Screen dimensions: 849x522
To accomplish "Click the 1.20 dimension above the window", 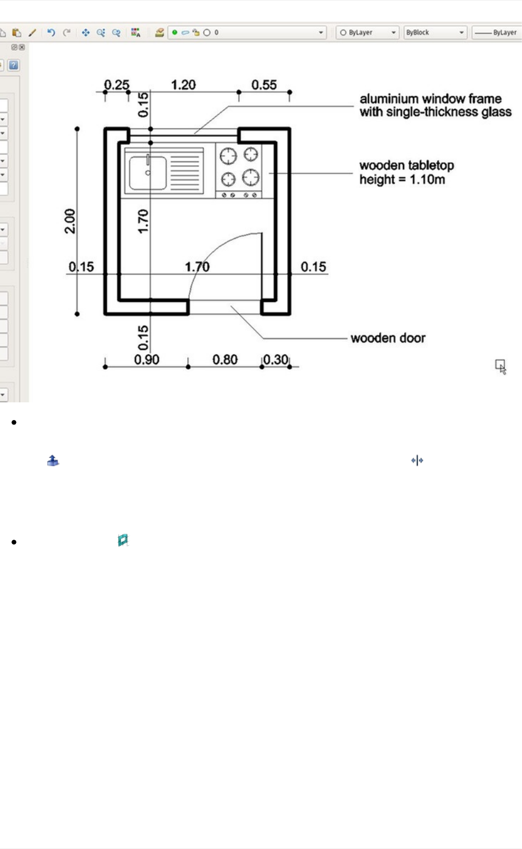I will pos(183,85).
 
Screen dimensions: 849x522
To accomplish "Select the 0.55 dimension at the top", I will pos(264,85).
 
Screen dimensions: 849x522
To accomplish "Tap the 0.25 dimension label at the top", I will pos(116,85).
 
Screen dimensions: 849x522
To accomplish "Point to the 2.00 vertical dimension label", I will pos(70,221).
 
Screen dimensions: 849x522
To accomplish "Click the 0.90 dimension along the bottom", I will pos(147,360).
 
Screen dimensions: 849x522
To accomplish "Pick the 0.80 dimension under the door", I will pos(225,360).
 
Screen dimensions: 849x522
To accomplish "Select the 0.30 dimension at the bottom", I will pos(276,360).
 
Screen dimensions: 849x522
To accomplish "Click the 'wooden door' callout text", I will pos(388,338).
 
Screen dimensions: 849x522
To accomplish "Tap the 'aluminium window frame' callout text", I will pos(431,99).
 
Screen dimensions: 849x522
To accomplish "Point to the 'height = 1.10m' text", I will pos(402,180).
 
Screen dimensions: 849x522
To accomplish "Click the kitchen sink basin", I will pos(147,173).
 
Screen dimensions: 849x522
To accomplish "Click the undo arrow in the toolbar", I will pos(51,33).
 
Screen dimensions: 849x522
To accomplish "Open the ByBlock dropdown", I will pos(435,33).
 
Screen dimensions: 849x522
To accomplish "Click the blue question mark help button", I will pos(14,65).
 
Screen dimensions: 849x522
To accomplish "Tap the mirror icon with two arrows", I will pos(417,461).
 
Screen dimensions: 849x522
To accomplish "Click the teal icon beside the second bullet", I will pos(123,540).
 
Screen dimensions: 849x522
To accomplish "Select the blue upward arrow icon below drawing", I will pos(53,461).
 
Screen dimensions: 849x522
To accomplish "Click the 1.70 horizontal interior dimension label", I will pos(197,267).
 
